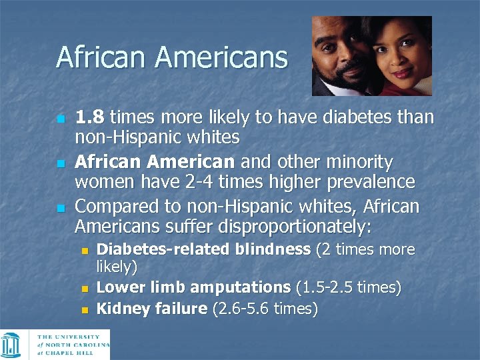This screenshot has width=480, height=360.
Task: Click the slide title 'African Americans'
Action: (x=171, y=57)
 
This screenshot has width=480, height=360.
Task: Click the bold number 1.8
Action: (x=90, y=118)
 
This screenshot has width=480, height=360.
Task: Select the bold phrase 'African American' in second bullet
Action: (x=154, y=162)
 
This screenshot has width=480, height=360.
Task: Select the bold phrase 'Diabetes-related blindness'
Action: (x=204, y=250)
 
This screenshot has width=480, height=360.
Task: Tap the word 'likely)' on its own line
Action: (x=117, y=267)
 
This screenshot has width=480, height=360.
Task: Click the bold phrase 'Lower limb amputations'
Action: (x=193, y=287)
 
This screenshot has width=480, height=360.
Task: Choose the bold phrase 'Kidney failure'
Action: (x=152, y=309)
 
